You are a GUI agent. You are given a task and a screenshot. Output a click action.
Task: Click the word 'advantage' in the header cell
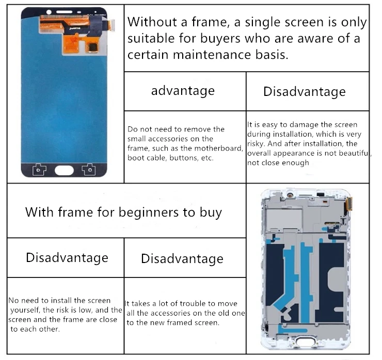(x=183, y=91)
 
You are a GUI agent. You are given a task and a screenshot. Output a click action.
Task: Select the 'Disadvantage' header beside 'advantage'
(x=305, y=92)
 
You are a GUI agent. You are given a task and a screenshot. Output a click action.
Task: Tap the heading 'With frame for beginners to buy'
(x=123, y=212)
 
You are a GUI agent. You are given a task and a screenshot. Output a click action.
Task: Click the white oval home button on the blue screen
(x=64, y=170)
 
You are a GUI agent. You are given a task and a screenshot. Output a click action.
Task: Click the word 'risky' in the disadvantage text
(x=256, y=144)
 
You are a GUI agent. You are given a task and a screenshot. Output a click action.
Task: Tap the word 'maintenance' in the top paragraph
(x=212, y=55)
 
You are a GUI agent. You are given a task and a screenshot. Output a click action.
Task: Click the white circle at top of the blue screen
(x=49, y=12)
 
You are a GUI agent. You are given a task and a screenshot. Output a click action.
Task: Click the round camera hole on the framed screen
(x=290, y=195)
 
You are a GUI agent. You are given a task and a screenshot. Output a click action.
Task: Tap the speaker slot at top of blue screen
(x=65, y=12)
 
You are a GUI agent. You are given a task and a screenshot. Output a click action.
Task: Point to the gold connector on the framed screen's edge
(x=349, y=204)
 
